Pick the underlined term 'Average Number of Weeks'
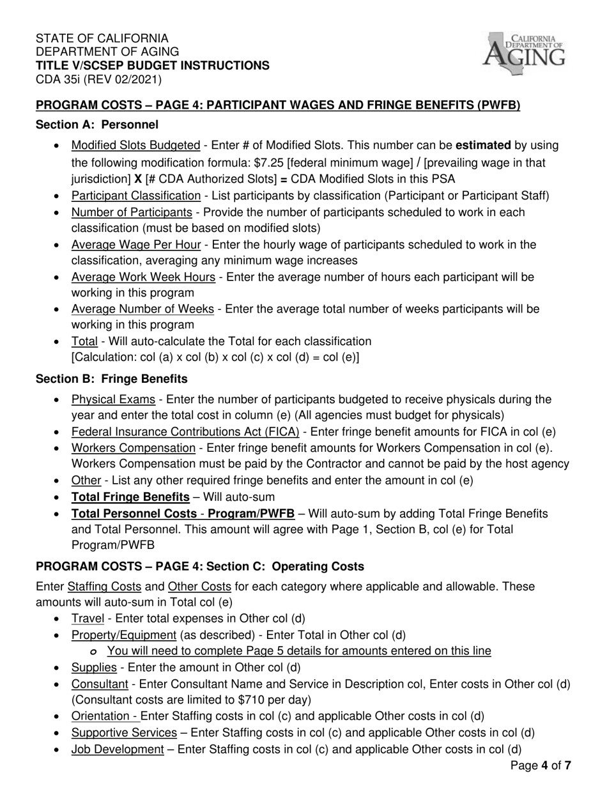pyautogui.click(x=142, y=309)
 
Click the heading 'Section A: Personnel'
pyautogui.click(x=97, y=125)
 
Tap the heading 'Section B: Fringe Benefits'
pyautogui.click(x=112, y=379)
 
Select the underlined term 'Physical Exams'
pyautogui.click(x=113, y=400)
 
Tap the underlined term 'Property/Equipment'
pyautogui.click(x=123, y=635)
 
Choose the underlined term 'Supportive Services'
pyautogui.click(x=124, y=733)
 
